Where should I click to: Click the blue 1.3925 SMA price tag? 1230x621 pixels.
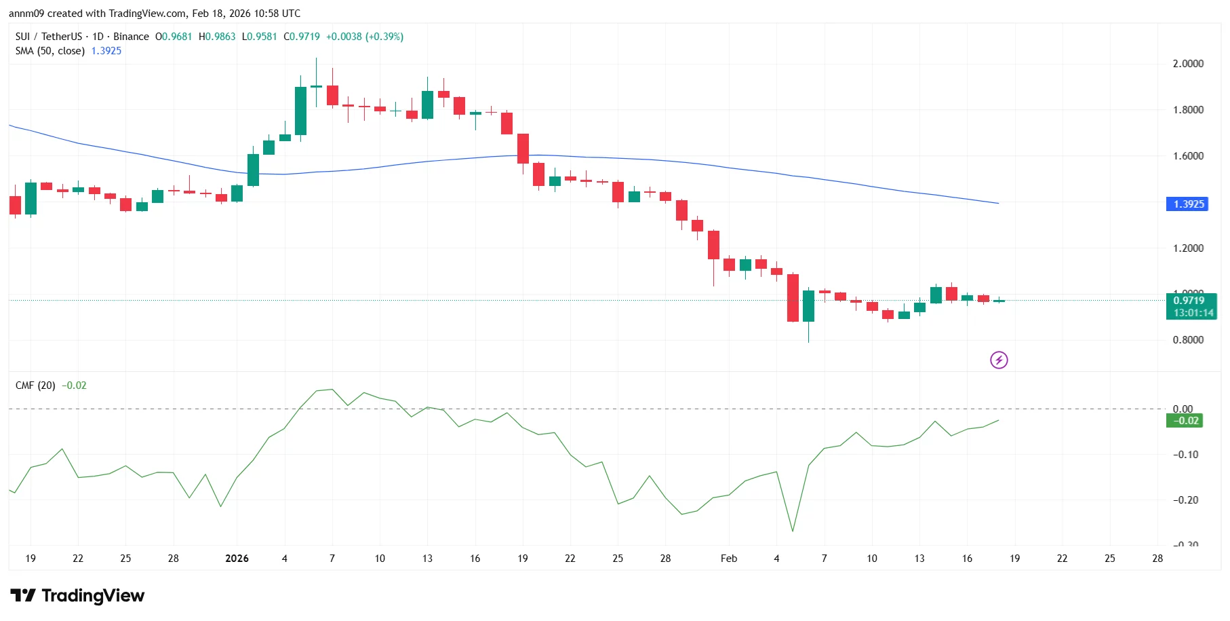click(1187, 204)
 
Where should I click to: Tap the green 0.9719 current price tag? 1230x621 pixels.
click(1191, 301)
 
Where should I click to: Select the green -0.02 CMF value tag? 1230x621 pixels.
click(1184, 421)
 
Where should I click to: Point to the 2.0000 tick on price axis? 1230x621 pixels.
click(1188, 64)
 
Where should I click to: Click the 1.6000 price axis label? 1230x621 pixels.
click(1188, 156)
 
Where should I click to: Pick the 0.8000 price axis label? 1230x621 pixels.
click(1188, 340)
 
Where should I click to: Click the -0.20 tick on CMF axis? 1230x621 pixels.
click(1185, 500)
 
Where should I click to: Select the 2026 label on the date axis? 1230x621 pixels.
click(237, 559)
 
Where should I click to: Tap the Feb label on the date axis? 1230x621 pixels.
click(729, 559)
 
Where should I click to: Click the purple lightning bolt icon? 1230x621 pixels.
click(999, 360)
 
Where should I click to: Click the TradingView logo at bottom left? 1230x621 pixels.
click(77, 596)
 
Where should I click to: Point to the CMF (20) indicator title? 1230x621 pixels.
click(35, 385)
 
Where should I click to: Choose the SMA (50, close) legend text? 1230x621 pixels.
click(50, 51)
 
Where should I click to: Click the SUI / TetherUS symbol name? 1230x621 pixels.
click(49, 37)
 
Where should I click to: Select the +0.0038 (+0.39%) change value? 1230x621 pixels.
click(365, 37)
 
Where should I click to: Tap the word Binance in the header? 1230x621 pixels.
click(131, 37)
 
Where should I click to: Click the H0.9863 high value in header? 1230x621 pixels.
click(217, 37)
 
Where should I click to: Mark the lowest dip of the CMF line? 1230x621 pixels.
click(793, 531)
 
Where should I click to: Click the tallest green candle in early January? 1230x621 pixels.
click(300, 111)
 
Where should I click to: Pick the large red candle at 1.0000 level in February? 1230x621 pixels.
click(793, 298)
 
